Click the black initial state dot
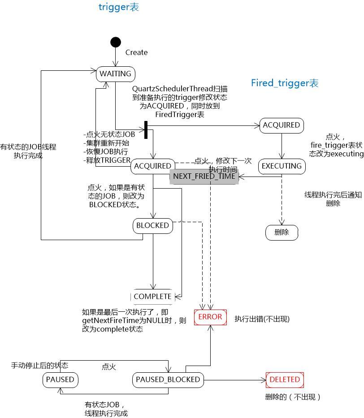coord(116,42)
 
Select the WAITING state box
coord(116,74)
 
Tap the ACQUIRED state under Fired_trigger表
coord(281,125)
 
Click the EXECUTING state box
coord(282,166)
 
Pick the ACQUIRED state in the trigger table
coord(152,166)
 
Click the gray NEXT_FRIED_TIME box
coord(204,176)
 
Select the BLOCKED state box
coord(152,226)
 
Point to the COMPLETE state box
coord(152,297)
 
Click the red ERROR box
coord(210,317)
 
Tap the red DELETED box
coord(285,379)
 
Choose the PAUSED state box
coord(60,380)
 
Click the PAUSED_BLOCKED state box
coord(168,380)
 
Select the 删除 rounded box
coord(281,232)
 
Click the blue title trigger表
coord(119,7)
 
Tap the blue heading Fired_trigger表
coord(285,83)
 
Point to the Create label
coord(136,52)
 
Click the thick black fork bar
coord(146,130)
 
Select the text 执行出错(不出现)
coord(262,319)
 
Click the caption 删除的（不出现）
coord(293,397)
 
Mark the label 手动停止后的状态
coord(39,366)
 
